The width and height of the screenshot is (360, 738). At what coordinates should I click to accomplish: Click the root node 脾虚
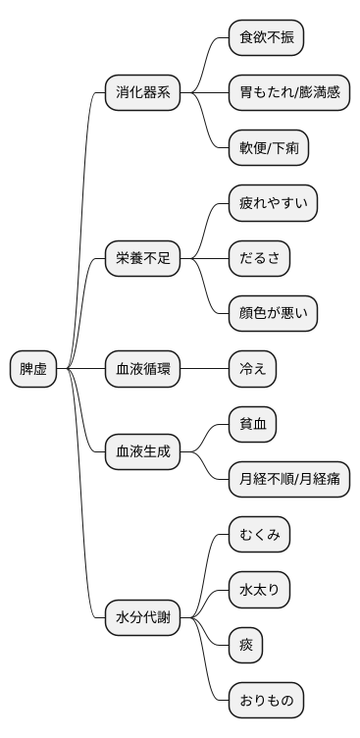pyautogui.click(x=33, y=369)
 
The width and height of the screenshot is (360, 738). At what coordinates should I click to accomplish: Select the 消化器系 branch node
pyautogui.click(x=143, y=93)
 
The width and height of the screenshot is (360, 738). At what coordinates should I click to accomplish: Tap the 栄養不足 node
pyautogui.click(x=143, y=259)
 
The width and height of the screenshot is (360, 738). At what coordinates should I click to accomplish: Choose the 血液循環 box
pyautogui.click(x=143, y=369)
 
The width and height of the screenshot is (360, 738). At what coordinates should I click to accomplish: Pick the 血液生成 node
pyautogui.click(x=143, y=451)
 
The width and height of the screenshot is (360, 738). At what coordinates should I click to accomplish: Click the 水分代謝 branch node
pyautogui.click(x=143, y=617)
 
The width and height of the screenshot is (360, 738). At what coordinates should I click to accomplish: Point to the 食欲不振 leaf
pyautogui.click(x=266, y=38)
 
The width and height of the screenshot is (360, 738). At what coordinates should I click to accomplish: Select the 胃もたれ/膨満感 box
pyautogui.click(x=288, y=93)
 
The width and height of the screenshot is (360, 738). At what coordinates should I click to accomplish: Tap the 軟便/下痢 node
pyautogui.click(x=270, y=148)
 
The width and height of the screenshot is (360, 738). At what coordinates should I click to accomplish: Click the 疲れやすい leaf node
pyautogui.click(x=273, y=204)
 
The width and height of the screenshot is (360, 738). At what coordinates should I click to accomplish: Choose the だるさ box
pyautogui.click(x=259, y=259)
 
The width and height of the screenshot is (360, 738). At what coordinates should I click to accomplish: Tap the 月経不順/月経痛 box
pyautogui.click(x=288, y=479)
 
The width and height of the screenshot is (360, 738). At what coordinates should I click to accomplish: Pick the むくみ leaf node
pyautogui.click(x=259, y=535)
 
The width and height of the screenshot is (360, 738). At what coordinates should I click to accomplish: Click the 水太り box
pyautogui.click(x=259, y=590)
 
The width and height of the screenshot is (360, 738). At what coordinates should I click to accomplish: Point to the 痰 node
pyautogui.click(x=245, y=645)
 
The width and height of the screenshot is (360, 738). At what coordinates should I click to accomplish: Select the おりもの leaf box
pyautogui.click(x=266, y=701)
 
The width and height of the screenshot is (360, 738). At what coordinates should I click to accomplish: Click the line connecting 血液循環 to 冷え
pyautogui.click(x=204, y=369)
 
